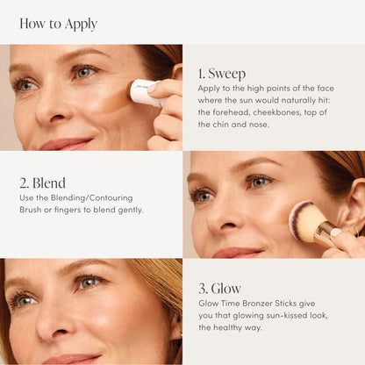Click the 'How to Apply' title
pyautogui.click(x=58, y=24)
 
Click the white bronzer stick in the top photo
pyautogui.click(x=143, y=91)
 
